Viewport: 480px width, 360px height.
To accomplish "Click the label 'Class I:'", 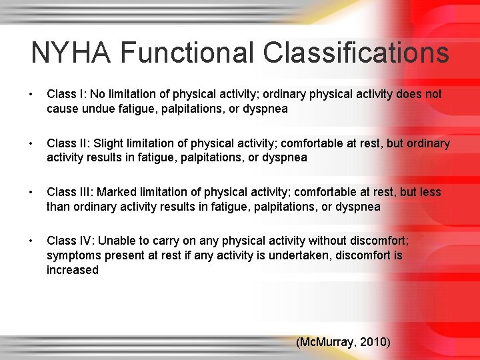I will [65, 95].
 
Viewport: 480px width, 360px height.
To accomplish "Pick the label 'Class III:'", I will [69, 193].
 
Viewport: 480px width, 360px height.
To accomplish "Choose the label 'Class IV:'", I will [69, 241].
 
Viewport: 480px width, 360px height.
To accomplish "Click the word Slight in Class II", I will [107, 144].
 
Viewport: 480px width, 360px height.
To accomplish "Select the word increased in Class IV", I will [72, 271].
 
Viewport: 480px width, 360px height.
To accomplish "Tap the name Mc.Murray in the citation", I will [327, 343].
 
